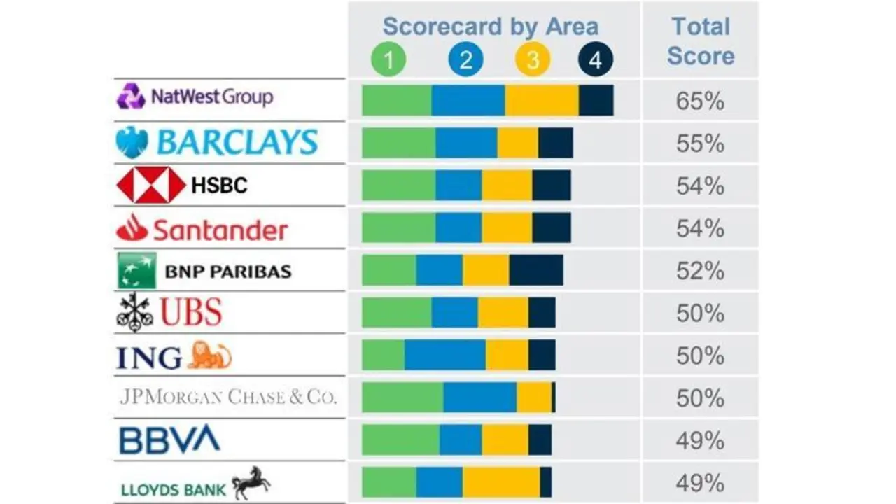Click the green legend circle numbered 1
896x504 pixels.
[x=388, y=60]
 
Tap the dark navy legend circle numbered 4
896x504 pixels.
[x=595, y=60]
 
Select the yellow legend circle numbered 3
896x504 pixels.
[x=533, y=60]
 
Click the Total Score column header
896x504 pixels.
[x=701, y=41]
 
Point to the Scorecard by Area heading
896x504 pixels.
[x=491, y=27]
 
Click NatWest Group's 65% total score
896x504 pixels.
[x=700, y=101]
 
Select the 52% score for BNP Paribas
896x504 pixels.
[x=700, y=271]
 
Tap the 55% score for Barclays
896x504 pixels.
[x=700, y=143]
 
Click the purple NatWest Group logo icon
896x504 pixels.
[x=131, y=96]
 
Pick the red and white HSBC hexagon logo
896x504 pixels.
[x=150, y=185]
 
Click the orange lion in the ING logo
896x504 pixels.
[x=209, y=356]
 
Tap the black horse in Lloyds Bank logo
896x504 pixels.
[x=251, y=482]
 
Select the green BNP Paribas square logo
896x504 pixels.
[x=136, y=271]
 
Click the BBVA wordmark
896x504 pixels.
[x=169, y=440]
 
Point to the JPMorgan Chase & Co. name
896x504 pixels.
[x=228, y=398]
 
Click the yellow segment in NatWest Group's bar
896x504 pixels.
[x=541, y=101]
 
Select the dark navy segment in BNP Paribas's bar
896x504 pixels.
[x=536, y=271]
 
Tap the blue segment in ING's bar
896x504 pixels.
[x=444, y=356]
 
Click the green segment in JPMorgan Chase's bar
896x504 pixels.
[x=402, y=398]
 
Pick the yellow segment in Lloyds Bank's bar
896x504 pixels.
[x=500, y=482]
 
